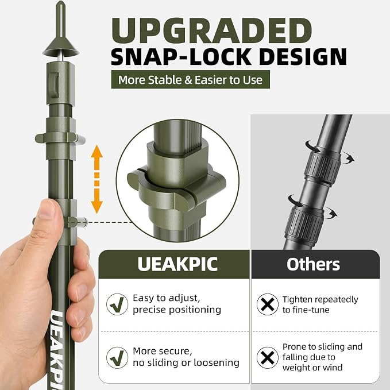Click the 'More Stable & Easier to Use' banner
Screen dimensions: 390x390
[190, 80]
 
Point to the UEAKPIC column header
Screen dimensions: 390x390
[177, 264]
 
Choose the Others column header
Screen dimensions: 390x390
[313, 264]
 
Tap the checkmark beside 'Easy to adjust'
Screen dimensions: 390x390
[117, 304]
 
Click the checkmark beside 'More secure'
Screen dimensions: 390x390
[117, 357]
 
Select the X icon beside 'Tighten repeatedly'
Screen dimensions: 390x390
[268, 304]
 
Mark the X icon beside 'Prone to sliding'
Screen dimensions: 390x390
[268, 357]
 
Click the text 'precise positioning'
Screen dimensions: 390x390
[177, 310]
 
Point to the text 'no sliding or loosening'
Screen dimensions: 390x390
[186, 362]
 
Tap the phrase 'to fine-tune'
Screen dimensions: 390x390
[306, 310]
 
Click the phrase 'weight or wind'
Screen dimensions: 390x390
[312, 368]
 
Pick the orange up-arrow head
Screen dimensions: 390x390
[96, 151]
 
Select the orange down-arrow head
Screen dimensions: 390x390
[96, 207]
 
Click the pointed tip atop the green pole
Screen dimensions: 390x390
[61, 2]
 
